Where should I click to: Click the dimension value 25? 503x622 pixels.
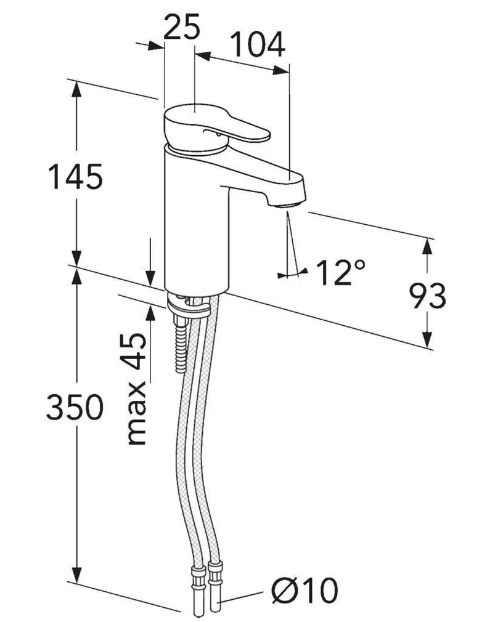(x=182, y=28)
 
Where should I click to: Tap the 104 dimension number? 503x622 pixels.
(x=257, y=44)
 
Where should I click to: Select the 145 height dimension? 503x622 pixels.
(x=76, y=178)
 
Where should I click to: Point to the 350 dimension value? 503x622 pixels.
(x=74, y=408)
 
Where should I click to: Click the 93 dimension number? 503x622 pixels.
(x=427, y=297)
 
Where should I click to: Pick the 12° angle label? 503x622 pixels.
(x=340, y=272)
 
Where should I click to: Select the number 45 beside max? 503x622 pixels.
(x=137, y=351)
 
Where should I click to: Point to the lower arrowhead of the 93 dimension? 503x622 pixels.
(x=427, y=339)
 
